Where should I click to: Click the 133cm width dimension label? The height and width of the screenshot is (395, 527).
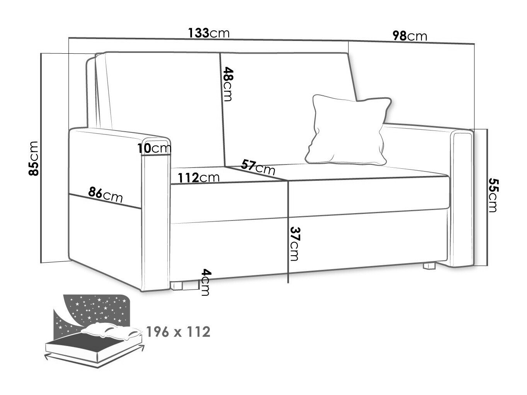[x=208, y=33]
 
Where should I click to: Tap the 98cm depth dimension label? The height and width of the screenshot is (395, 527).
[x=410, y=36]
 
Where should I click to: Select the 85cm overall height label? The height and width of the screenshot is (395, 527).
[x=33, y=159]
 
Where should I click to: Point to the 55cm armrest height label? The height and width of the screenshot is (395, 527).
[x=494, y=195]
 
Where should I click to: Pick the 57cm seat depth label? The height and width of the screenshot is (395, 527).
[x=258, y=167]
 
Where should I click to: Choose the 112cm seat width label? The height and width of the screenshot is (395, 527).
[x=199, y=178]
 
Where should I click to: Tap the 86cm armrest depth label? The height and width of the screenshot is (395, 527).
[x=105, y=195]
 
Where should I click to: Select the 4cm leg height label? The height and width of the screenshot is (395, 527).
[x=206, y=282]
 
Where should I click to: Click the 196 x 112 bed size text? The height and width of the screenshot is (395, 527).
[x=178, y=332]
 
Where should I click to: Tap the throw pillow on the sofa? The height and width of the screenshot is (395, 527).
[x=348, y=130]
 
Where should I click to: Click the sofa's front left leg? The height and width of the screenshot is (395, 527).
[x=177, y=286]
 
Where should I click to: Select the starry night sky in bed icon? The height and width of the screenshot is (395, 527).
[x=96, y=309]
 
